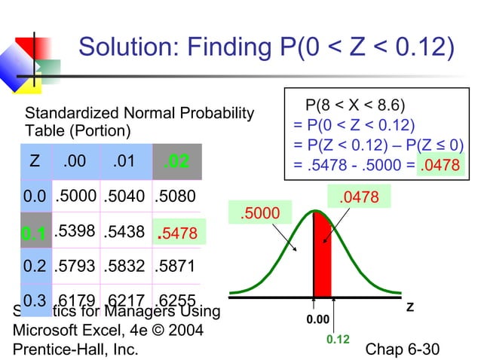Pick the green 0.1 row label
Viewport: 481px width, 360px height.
(33, 235)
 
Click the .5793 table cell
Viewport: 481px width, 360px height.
(75, 267)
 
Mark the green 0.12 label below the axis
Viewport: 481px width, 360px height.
(337, 340)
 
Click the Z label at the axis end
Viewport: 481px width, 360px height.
(410, 308)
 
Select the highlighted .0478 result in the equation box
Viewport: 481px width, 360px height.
(437, 165)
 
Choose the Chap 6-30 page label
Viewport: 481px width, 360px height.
(401, 349)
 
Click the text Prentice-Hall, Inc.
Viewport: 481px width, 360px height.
(75, 349)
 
